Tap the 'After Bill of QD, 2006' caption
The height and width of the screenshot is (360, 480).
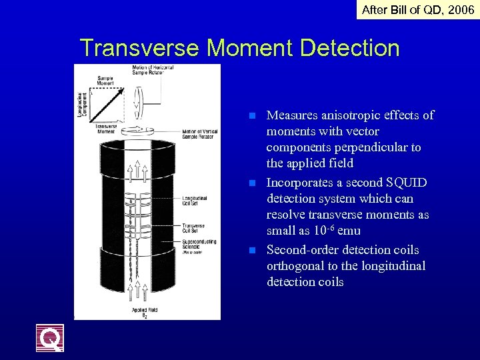[418, 9]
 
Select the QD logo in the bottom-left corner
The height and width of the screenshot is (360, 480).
[50, 337]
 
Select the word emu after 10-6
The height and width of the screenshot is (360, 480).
[349, 231]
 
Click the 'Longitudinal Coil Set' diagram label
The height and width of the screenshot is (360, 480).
[194, 199]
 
